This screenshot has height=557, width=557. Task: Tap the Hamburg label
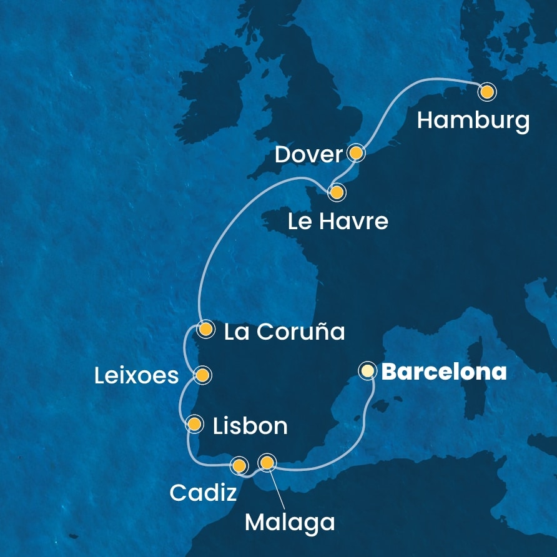(473, 120)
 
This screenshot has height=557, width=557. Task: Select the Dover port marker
(356, 152)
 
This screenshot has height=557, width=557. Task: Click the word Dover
(308, 155)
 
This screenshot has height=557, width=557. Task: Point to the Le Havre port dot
(337, 192)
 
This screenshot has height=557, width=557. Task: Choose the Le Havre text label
(338, 221)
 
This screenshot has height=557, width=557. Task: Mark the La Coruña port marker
(205, 328)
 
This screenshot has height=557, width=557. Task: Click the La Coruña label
(284, 332)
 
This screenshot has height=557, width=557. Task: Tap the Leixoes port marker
(202, 375)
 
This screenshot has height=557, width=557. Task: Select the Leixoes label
(137, 376)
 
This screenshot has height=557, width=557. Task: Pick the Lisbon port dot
(195, 425)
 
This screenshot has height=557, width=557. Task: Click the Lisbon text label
(250, 426)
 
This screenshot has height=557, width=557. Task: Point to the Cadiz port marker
(239, 465)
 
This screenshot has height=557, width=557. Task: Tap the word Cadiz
(203, 493)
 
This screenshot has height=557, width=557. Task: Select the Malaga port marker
(267, 463)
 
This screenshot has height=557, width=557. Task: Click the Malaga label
(289, 522)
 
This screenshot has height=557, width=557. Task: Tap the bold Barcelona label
(443, 373)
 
